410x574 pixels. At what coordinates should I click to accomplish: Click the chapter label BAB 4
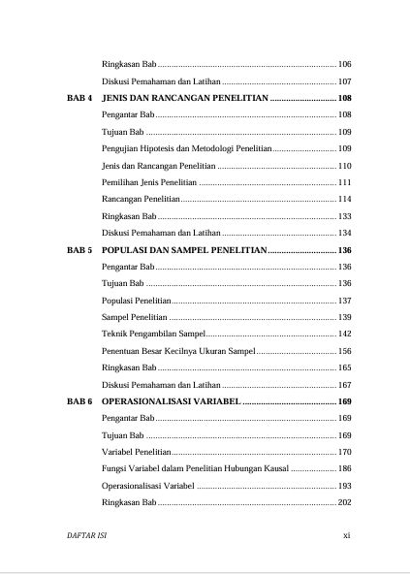click(79, 99)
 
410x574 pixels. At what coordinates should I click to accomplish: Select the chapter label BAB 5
click(79, 249)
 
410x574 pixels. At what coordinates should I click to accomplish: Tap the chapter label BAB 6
click(79, 400)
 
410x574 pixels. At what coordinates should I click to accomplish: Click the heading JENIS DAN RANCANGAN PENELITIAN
click(184, 99)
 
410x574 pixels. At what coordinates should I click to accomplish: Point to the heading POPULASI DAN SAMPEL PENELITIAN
click(183, 249)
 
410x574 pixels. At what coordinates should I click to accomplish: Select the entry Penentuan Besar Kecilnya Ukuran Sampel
click(177, 350)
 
